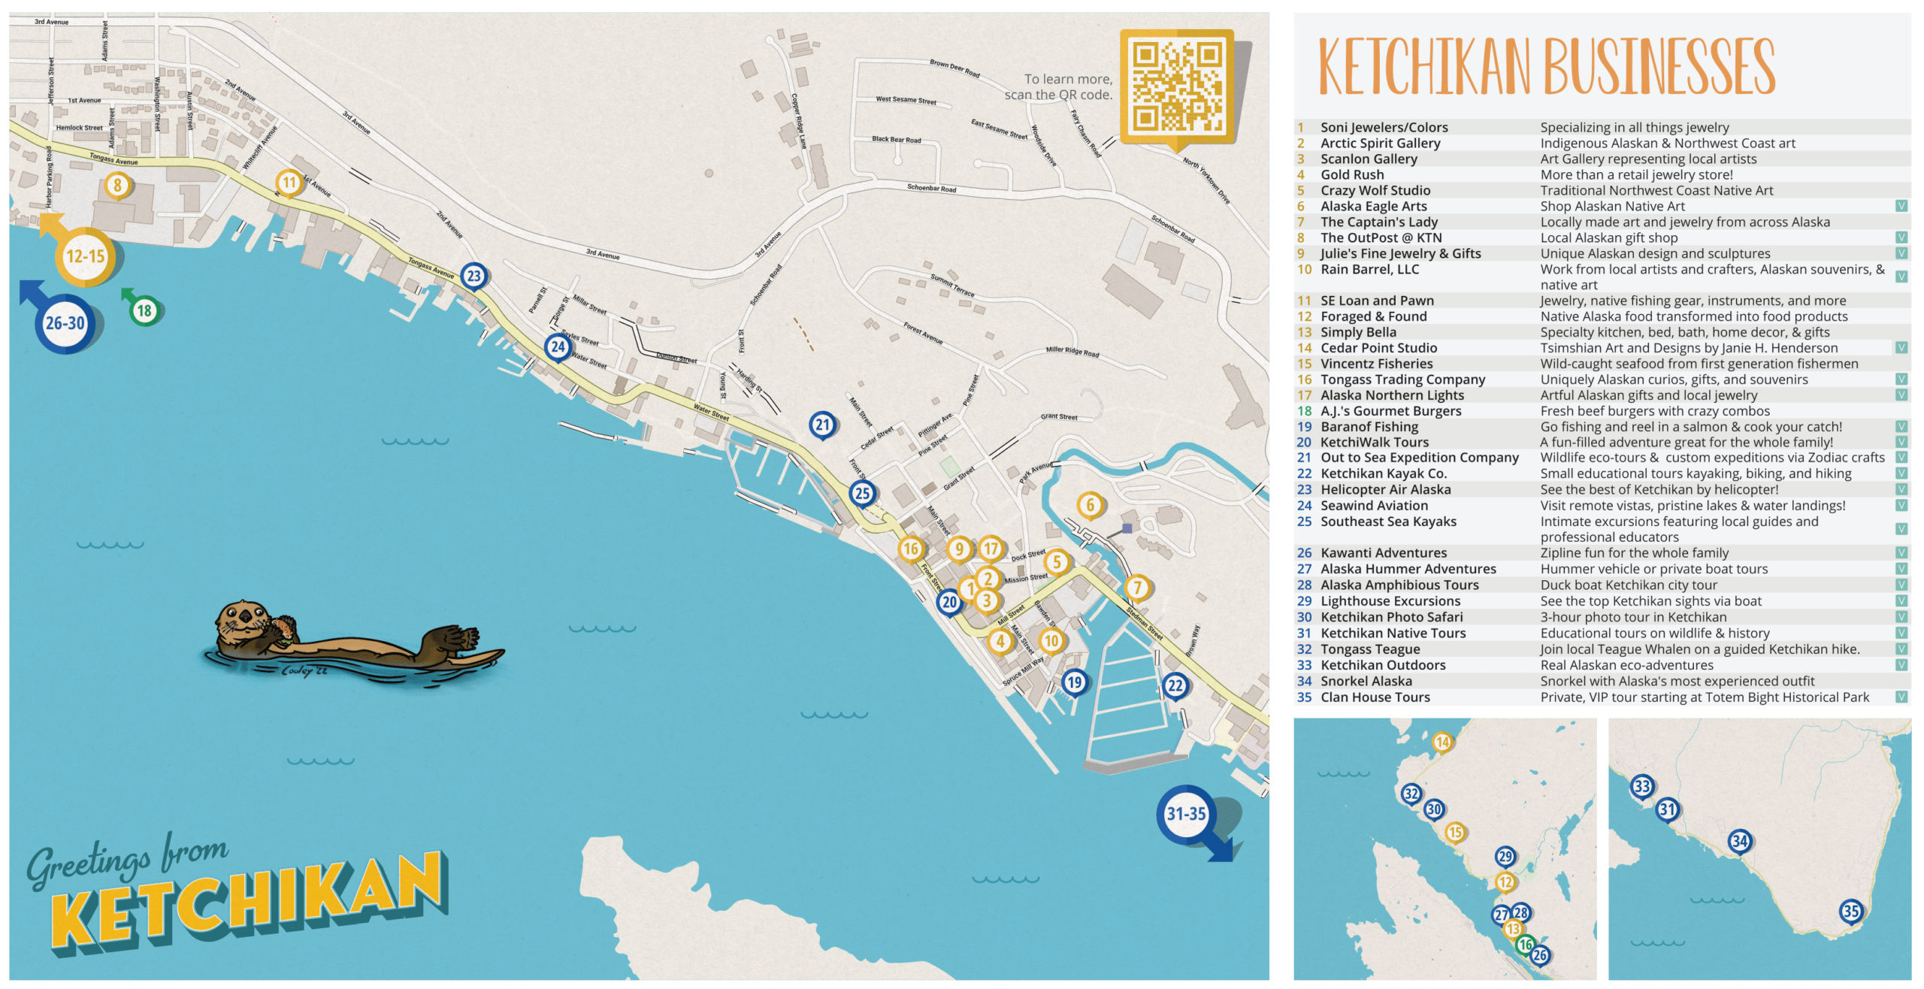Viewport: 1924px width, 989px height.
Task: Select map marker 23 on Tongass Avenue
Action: [473, 276]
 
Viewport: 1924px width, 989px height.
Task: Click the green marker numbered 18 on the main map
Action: [144, 310]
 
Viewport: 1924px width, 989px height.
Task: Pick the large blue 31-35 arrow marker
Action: [1186, 814]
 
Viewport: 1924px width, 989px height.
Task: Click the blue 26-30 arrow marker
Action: [65, 323]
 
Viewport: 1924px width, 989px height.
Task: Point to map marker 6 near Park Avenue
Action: [1091, 505]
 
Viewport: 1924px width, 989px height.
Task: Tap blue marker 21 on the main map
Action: [823, 425]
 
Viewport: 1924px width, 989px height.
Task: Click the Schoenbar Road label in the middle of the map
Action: [931, 188]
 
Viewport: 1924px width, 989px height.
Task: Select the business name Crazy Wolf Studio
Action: [1375, 190]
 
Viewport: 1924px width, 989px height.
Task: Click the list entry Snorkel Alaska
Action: [1366, 681]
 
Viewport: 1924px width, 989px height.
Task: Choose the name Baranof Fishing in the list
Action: [1369, 426]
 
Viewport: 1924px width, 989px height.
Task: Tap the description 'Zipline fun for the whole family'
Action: [1634, 552]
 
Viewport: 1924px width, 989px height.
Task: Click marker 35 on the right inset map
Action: [1850, 912]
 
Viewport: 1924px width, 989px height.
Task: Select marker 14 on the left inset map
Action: [1441, 743]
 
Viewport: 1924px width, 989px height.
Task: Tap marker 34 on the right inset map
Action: [1740, 840]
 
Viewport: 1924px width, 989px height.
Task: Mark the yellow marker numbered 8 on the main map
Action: [116, 184]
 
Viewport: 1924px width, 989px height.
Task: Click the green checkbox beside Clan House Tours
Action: [1901, 697]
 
